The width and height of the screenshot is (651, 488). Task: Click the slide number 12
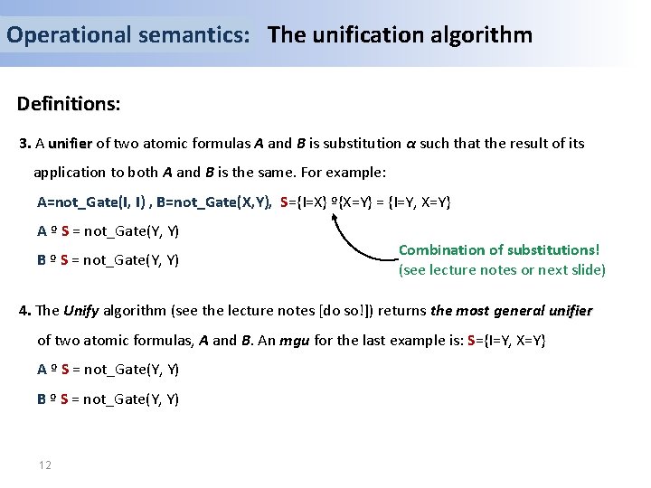(x=44, y=465)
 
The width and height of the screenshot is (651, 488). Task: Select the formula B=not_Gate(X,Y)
(x=213, y=202)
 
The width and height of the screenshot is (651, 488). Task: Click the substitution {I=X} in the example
(x=315, y=202)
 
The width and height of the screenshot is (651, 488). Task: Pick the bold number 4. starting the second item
(x=25, y=311)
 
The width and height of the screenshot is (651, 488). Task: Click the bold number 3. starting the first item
(x=25, y=143)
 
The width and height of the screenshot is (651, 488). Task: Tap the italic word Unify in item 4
(x=80, y=311)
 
